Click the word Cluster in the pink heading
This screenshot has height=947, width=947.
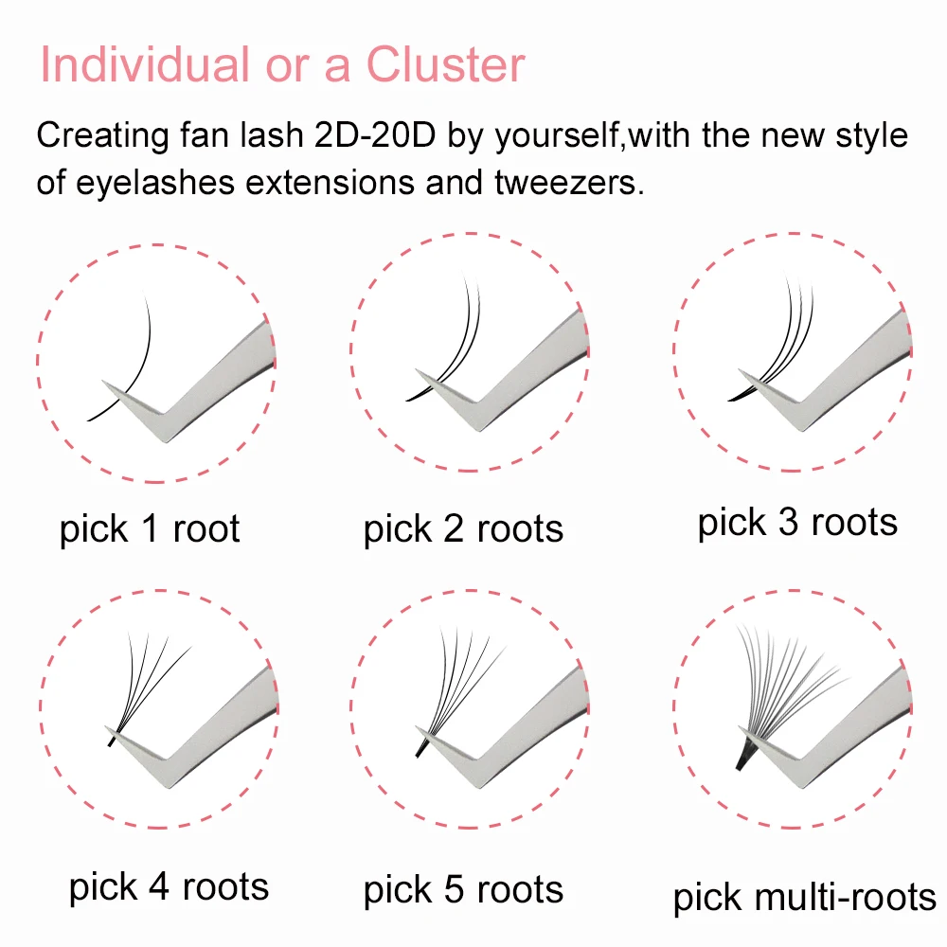tap(446, 64)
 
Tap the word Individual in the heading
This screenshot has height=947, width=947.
tap(145, 64)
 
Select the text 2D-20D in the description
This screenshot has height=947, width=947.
tap(374, 134)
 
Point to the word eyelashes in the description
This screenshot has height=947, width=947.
tap(155, 183)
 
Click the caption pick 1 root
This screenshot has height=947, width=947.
tap(150, 529)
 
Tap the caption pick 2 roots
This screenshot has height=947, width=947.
tap(463, 529)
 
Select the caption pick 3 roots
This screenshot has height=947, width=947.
tap(797, 523)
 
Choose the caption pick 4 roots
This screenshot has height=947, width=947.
tap(169, 887)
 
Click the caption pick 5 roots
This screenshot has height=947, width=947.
tap(463, 890)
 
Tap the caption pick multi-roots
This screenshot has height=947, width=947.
tap(804, 898)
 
